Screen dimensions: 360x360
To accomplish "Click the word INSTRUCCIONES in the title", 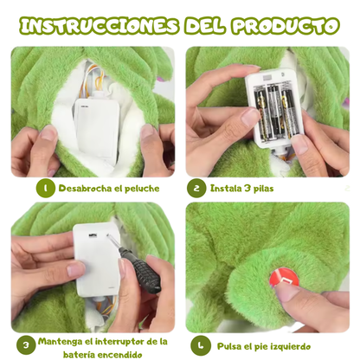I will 101,24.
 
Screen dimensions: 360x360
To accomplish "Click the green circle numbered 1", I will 45,188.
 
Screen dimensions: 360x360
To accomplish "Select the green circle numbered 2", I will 196,188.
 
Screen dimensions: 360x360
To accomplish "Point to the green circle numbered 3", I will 26,344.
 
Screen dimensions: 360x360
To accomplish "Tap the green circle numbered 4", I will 200,345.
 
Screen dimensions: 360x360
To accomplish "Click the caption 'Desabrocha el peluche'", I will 109,188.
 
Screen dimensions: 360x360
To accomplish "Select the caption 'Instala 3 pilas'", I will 242,188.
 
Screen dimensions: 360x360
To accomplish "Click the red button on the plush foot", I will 283,279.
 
